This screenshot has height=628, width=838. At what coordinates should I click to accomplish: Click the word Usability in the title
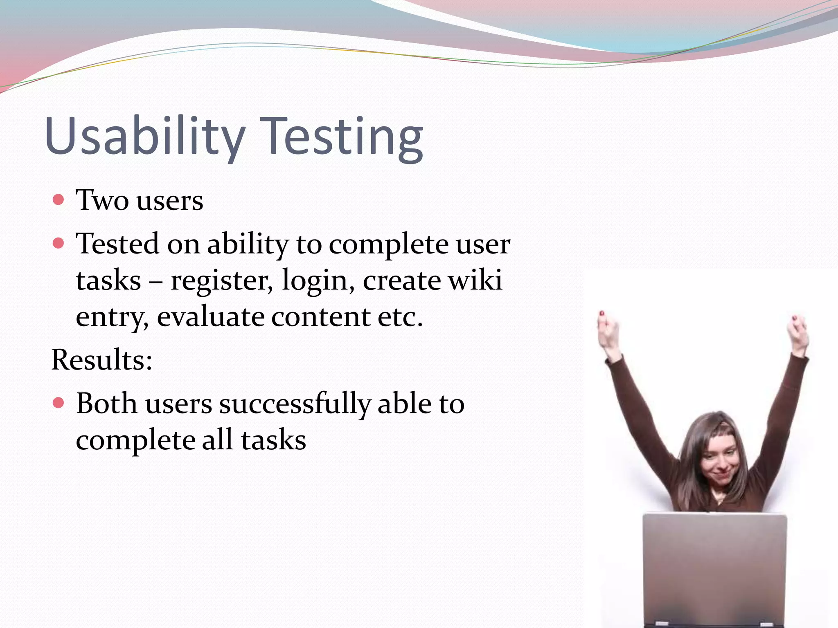[x=145, y=136]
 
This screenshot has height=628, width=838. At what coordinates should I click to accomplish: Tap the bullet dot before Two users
[x=59, y=200]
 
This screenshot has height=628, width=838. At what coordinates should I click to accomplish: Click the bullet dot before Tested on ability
[x=59, y=243]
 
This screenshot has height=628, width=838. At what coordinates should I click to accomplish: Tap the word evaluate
[x=210, y=317]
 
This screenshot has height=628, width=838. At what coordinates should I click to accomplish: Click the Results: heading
[x=101, y=360]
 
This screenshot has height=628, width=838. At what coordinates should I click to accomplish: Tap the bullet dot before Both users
[x=59, y=403]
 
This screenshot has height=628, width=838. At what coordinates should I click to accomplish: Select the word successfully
[x=295, y=404]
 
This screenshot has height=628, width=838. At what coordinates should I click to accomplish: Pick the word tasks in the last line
[x=273, y=440]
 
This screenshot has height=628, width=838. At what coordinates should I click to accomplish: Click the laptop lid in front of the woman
[x=714, y=568]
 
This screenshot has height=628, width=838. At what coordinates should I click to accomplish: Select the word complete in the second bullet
[x=388, y=244]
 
